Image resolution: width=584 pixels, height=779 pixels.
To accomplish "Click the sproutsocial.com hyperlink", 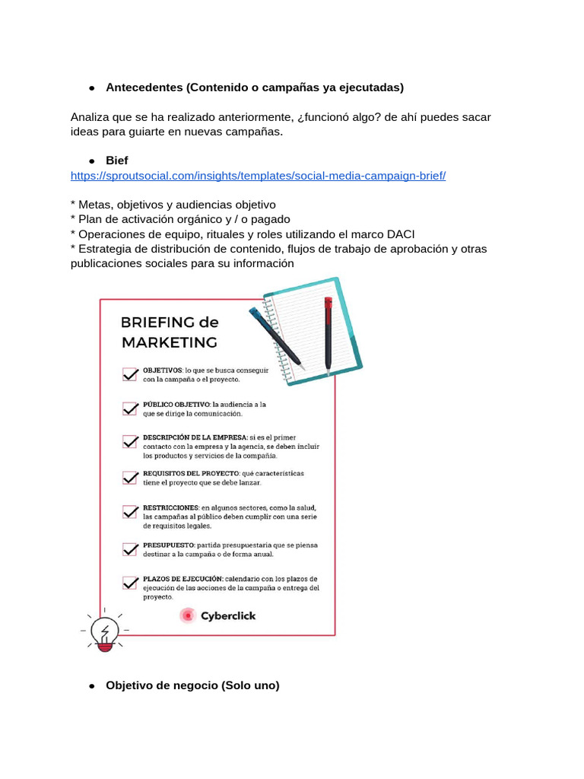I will click(258, 176).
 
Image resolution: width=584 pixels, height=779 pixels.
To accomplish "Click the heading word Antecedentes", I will click(144, 87).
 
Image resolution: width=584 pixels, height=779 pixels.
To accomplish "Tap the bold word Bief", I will click(117, 161).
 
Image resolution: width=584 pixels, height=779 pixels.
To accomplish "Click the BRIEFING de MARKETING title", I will click(170, 332).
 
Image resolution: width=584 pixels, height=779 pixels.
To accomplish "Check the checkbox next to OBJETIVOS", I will click(130, 374).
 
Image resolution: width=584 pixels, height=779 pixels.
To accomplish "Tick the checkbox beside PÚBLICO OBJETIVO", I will click(130, 409).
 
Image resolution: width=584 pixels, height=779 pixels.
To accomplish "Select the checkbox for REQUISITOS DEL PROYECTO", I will click(130, 478).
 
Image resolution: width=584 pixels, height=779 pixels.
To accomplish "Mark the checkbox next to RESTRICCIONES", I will click(130, 512).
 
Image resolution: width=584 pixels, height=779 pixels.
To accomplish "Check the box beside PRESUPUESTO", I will click(130, 548).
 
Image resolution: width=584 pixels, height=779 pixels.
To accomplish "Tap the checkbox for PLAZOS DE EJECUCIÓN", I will click(130, 583).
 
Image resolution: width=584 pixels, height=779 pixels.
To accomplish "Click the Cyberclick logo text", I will click(228, 615).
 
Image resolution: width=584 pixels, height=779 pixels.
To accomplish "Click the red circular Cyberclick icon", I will click(188, 615).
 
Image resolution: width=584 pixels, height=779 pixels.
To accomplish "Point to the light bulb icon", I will click(104, 632).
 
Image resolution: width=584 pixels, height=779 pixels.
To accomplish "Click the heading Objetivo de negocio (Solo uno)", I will click(192, 685).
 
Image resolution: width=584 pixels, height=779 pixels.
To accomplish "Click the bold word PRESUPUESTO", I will click(167, 545).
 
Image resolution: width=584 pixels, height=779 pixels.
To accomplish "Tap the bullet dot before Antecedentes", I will click(91, 88).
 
